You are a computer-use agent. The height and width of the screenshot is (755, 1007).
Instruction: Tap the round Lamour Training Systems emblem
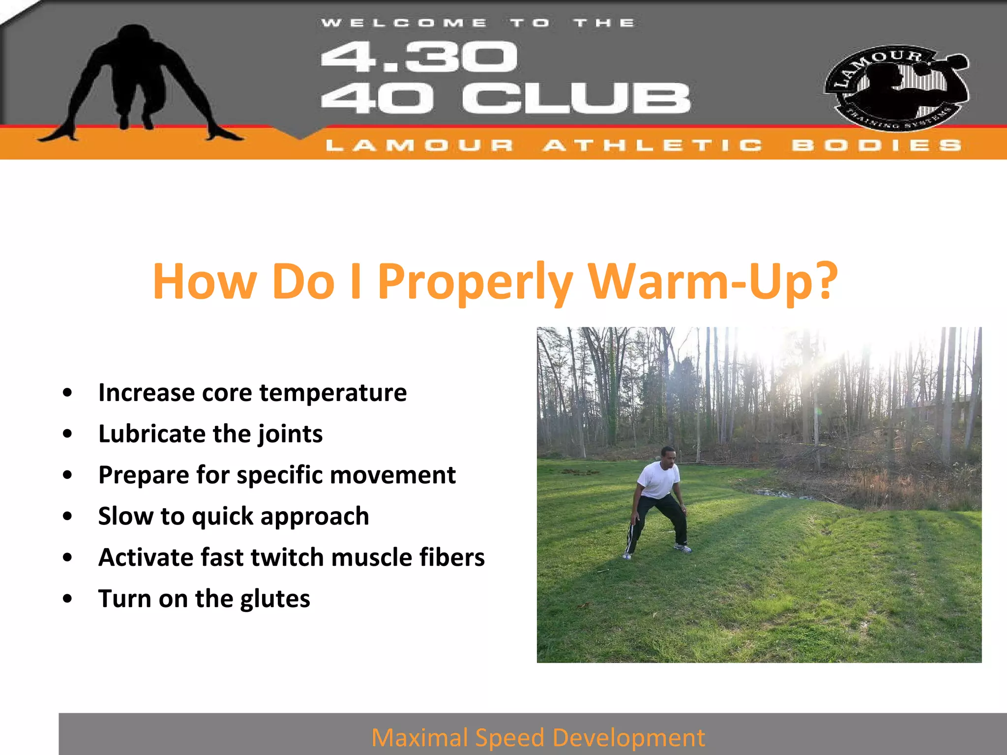pyautogui.click(x=896, y=87)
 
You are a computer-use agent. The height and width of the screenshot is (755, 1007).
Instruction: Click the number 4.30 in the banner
pyautogui.click(x=418, y=57)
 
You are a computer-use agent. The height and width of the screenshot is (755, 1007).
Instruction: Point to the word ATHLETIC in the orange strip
pyautogui.click(x=653, y=145)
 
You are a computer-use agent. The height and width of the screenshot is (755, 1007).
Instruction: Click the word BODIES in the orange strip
pyautogui.click(x=876, y=145)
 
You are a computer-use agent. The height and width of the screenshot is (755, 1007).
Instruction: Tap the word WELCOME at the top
pyautogui.click(x=404, y=23)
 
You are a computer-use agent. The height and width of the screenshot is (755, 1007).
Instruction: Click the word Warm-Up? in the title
pyautogui.click(x=712, y=281)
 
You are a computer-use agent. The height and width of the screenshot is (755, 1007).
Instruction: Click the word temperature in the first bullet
pyautogui.click(x=333, y=393)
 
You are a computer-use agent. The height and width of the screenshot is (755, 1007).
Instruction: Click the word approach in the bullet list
pyautogui.click(x=314, y=517)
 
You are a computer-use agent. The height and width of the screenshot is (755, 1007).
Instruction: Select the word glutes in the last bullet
pyautogui.click(x=275, y=599)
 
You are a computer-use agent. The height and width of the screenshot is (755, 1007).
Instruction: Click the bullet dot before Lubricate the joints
pyautogui.click(x=67, y=434)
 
